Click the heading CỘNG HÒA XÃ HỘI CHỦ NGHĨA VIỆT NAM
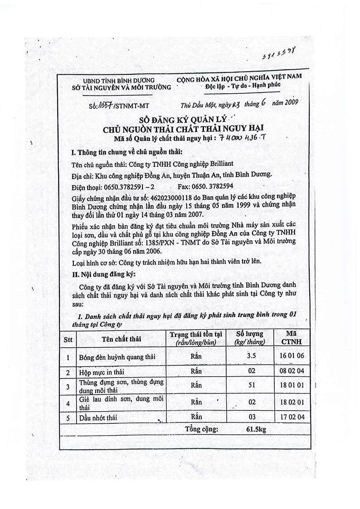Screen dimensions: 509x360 239,78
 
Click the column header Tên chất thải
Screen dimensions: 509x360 122,339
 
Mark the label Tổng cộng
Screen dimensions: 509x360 201,428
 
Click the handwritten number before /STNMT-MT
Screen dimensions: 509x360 98,106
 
